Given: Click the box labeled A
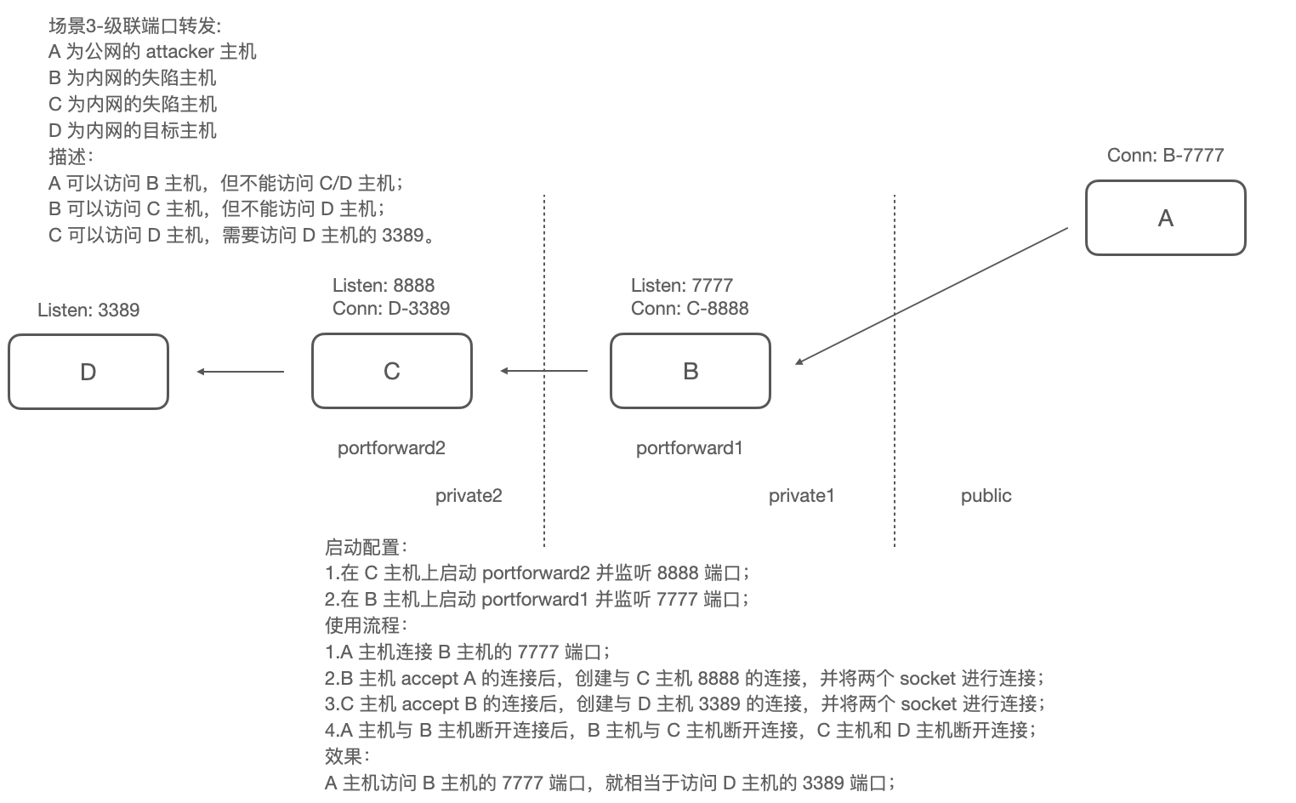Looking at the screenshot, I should coord(1165,218).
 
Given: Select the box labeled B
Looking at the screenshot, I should coord(690,371).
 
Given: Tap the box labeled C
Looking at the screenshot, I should coord(391,371).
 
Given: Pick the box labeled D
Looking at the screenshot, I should coord(88,372).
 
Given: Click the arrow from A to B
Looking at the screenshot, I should coord(931,296).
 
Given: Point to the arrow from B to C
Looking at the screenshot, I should coord(544,371).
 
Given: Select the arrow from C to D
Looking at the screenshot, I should coord(241,372).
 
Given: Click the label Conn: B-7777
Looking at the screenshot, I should coord(1165,155).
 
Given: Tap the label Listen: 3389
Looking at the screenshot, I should coord(88,310).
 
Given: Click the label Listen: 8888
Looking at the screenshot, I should coord(384,285).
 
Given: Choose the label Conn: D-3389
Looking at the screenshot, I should coord(391,308).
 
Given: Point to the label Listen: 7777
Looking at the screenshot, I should coord(682,285).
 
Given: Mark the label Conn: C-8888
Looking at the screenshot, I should coord(690,308).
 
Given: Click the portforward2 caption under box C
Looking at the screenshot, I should coord(391,447).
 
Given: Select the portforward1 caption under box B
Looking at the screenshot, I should coord(690,447).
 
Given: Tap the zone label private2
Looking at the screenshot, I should coord(469,495).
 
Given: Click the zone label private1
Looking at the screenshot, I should coord(802,495).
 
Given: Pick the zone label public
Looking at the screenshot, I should coord(986,495).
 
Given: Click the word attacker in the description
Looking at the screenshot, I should coord(179,51).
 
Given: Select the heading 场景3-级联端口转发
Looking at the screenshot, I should coord(134,26).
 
